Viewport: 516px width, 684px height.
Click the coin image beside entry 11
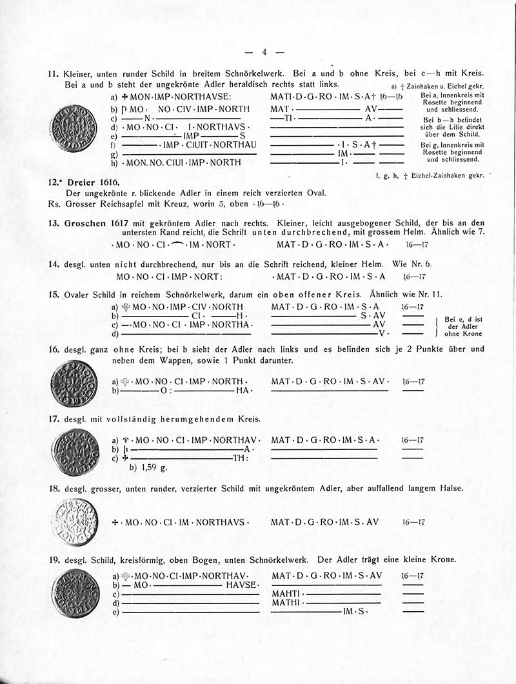73,129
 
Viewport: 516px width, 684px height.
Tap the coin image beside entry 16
73,384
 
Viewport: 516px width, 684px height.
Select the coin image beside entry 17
73,452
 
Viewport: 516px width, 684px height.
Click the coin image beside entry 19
75,593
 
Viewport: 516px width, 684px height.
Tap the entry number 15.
54,295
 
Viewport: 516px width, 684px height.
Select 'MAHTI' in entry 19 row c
286,593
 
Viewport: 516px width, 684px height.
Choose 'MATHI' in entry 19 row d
286,602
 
